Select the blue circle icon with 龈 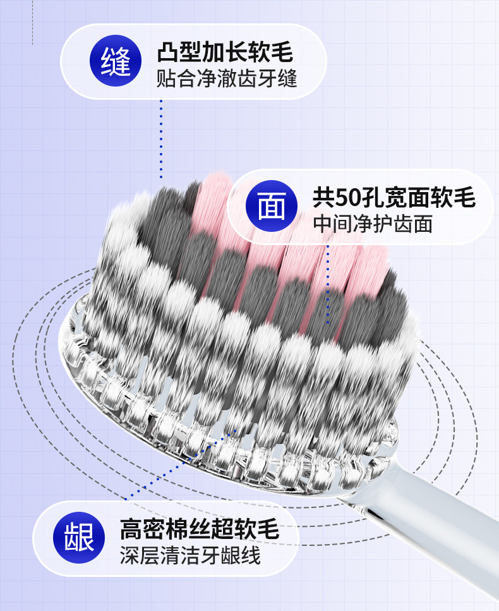(79, 538)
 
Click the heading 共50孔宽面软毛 (394, 198)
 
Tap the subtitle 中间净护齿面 (373, 224)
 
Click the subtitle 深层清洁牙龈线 (190, 556)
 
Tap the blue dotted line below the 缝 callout (161, 139)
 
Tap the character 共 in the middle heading (324, 198)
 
